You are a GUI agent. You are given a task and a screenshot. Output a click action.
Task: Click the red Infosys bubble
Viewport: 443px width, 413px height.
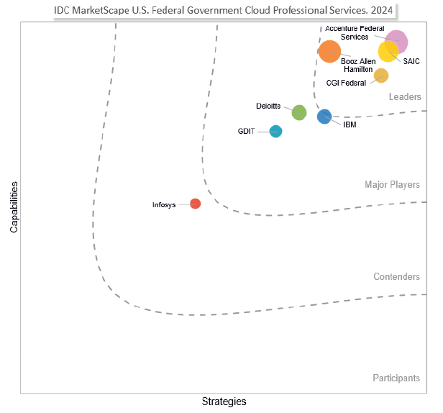click(x=195, y=204)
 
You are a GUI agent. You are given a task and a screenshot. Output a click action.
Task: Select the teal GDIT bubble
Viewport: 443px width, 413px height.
click(x=275, y=131)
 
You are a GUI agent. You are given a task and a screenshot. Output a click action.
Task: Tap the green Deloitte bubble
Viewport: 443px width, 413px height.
click(x=299, y=112)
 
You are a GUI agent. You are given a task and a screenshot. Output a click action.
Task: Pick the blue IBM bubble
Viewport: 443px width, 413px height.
click(x=324, y=117)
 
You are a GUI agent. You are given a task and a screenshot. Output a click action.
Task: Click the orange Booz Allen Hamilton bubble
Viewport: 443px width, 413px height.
click(x=329, y=52)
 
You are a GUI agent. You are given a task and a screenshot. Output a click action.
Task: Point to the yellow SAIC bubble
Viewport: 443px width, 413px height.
click(x=388, y=52)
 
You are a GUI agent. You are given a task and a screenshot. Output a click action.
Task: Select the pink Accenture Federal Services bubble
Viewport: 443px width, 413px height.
click(x=396, y=41)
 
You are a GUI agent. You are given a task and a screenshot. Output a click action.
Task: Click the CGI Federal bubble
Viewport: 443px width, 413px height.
click(x=381, y=76)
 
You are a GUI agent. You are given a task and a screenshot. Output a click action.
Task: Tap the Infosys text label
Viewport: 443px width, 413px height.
click(x=164, y=205)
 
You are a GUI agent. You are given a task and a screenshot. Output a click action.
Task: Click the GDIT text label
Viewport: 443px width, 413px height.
click(x=246, y=131)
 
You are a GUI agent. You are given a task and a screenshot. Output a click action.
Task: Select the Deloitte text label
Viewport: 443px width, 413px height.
click(x=268, y=106)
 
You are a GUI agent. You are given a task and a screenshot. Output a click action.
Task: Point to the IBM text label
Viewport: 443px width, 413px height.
click(x=350, y=125)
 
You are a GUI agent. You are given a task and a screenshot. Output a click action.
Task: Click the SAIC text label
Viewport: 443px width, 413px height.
click(x=412, y=61)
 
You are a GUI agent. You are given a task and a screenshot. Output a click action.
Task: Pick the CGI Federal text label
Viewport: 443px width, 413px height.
click(x=346, y=83)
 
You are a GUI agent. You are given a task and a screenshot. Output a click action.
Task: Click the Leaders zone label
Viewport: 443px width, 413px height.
click(x=405, y=97)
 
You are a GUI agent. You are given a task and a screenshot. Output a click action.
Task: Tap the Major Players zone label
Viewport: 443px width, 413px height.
click(x=392, y=185)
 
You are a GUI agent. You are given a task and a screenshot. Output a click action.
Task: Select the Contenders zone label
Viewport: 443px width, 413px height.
click(x=396, y=277)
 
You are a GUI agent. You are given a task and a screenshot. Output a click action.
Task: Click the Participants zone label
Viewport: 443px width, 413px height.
click(x=396, y=378)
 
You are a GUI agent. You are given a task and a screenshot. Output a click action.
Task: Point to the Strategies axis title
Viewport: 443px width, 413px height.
click(x=224, y=401)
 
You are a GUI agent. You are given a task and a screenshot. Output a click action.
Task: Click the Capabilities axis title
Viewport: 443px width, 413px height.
click(x=14, y=206)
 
